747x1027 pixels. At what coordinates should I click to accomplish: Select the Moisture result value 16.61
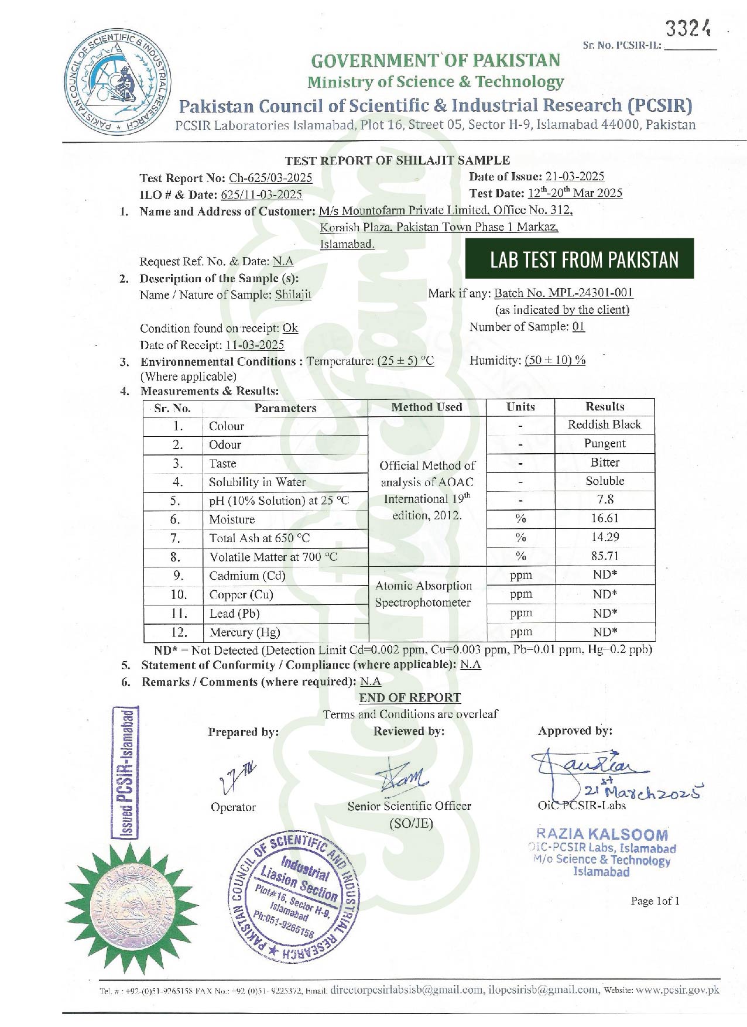605,518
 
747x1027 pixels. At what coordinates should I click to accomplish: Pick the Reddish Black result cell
604,425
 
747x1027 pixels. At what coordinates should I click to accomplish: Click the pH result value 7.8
605,499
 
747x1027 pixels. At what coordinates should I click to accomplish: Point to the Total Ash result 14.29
605,537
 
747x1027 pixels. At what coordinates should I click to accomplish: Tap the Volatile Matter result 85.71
605,556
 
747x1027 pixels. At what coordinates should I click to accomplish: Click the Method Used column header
427,407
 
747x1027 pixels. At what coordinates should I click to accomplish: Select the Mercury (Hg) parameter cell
245,632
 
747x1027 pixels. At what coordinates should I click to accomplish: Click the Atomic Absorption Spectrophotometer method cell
423,594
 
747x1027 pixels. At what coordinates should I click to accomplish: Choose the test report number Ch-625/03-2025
270,178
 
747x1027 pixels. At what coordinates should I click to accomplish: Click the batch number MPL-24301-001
564,293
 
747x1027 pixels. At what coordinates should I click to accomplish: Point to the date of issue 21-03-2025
574,176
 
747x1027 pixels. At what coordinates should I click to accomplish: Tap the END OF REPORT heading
410,697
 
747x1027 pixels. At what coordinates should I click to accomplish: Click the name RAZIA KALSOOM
601,834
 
